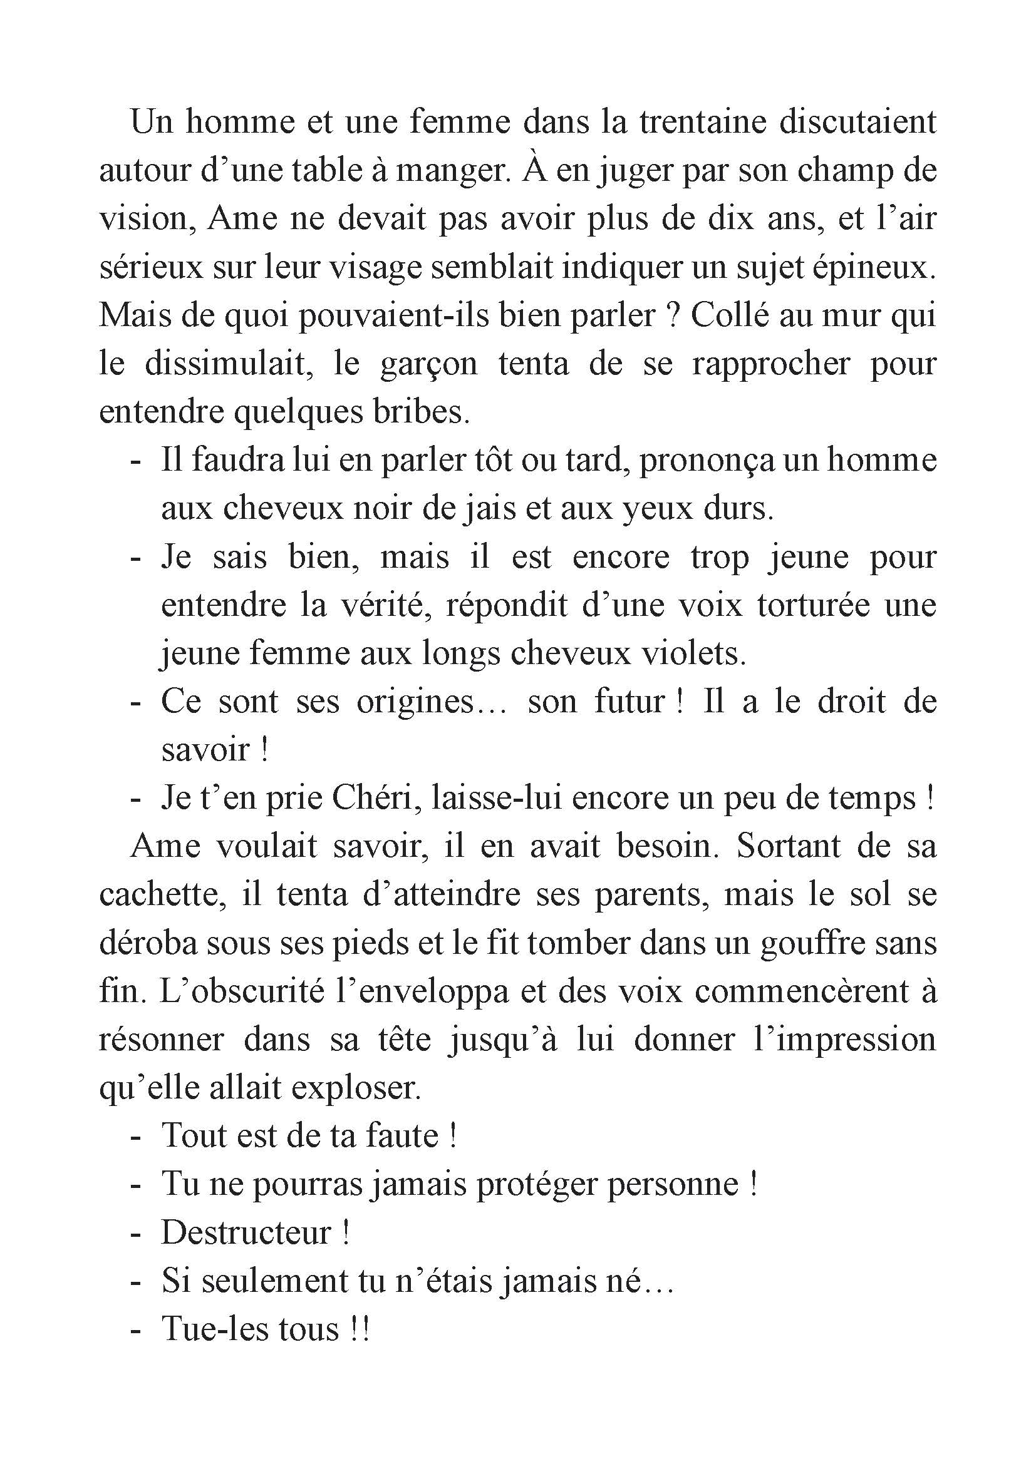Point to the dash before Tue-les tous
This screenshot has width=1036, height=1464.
[x=135, y=1330]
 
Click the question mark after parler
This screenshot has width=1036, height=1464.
[x=670, y=315]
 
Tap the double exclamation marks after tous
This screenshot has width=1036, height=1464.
[x=360, y=1329]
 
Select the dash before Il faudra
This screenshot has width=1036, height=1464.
[x=135, y=461]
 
